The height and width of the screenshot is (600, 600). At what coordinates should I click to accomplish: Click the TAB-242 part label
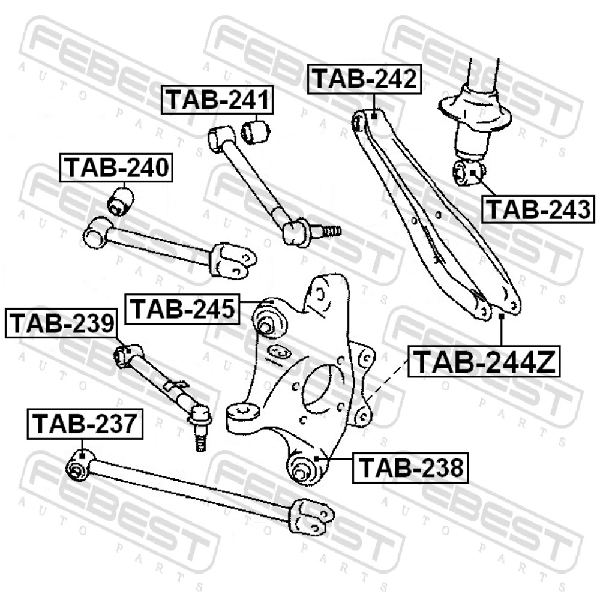tap(365, 79)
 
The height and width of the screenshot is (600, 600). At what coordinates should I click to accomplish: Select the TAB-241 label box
tap(217, 100)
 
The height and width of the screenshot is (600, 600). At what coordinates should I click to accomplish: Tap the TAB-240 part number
tap(116, 167)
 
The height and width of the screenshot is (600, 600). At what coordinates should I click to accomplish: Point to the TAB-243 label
tap(538, 209)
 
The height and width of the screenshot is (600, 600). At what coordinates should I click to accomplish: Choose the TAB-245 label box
tap(182, 309)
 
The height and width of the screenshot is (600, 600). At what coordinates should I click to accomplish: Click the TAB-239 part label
tap(61, 323)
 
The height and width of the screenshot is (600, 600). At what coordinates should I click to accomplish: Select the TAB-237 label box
tap(85, 424)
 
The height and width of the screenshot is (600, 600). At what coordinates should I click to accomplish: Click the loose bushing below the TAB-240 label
tap(120, 200)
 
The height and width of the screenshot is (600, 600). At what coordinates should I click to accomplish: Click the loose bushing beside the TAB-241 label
tap(256, 131)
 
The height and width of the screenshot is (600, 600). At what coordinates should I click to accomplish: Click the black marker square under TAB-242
tap(374, 114)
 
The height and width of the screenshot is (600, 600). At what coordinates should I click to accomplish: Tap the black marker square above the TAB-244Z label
tap(501, 316)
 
